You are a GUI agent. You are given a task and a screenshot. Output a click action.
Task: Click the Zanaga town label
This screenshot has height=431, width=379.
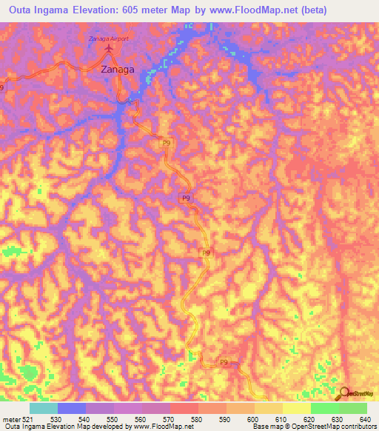(117, 69)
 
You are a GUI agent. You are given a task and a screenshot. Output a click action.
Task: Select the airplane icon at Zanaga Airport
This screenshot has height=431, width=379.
(110, 49)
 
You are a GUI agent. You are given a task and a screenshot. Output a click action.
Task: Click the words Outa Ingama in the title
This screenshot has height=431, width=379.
(42, 10)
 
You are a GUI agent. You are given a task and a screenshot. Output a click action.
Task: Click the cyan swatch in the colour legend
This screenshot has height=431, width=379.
(43, 408)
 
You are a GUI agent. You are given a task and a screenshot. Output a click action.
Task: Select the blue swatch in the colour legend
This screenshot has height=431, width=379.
(71, 408)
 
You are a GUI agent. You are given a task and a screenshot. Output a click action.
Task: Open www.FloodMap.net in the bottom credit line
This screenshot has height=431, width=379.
(164, 427)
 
